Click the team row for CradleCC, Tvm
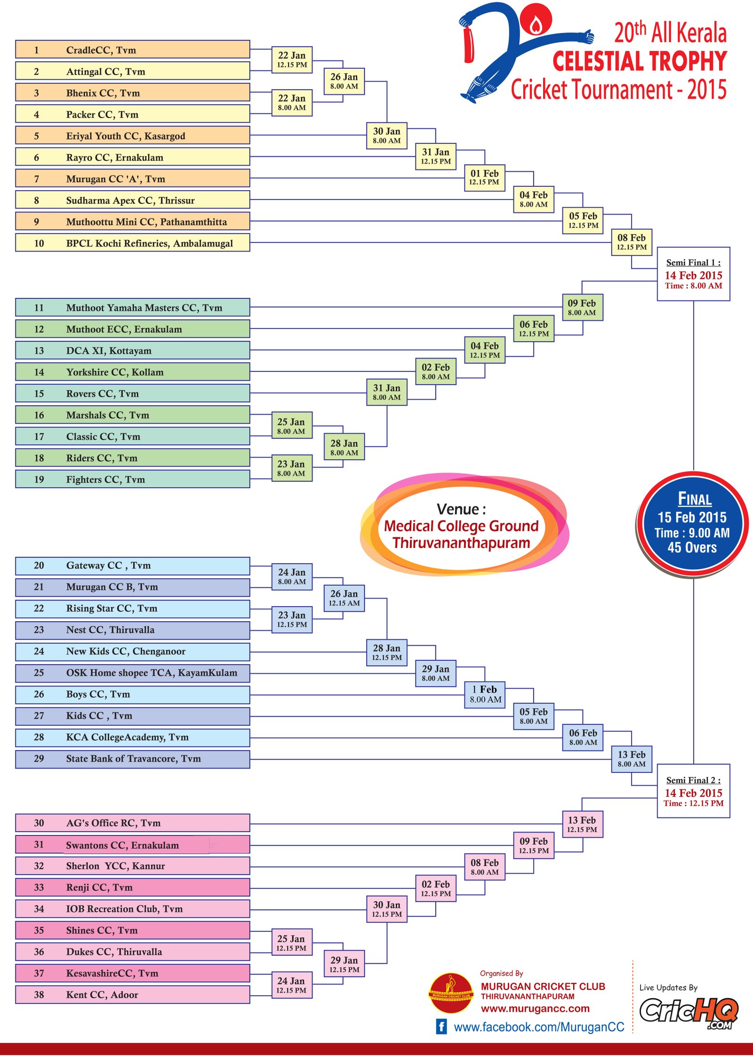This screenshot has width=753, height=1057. click(132, 50)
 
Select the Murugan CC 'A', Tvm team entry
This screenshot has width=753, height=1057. click(132, 179)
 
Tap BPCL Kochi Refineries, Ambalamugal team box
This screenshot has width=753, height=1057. click(132, 243)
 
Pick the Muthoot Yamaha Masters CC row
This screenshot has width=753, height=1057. click(132, 308)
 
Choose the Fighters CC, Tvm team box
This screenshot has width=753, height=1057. click(132, 480)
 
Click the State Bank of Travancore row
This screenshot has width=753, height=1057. click(132, 759)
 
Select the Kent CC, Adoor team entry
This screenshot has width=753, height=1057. click(132, 995)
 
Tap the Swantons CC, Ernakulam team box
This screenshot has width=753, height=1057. click(132, 845)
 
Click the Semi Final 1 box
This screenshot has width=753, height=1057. click(693, 274)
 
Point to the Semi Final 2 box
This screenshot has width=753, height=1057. click(693, 791)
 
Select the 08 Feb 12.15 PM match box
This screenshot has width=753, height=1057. click(631, 242)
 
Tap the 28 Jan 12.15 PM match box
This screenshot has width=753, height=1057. click(387, 652)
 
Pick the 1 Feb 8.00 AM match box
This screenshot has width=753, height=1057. click(485, 695)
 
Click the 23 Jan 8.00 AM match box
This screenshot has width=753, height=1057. click(291, 468)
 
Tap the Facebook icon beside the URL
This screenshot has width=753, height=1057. click(441, 1026)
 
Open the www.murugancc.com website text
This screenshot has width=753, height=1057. click(535, 1009)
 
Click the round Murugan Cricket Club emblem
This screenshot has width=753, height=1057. click(451, 993)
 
